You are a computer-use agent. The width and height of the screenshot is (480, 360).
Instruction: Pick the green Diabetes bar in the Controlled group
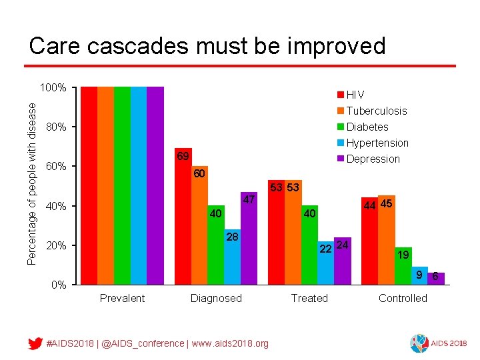(x=403, y=266)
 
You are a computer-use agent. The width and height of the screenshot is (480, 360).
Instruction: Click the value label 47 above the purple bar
(x=249, y=200)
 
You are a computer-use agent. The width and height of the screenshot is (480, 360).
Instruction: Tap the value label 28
(x=232, y=237)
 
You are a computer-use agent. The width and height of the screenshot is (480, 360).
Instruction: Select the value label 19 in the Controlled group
(x=403, y=255)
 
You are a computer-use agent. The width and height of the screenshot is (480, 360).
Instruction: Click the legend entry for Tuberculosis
(x=376, y=111)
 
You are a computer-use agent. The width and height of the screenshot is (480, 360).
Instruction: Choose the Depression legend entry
(x=373, y=159)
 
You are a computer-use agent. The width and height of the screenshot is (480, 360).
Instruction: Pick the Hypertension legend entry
(x=377, y=143)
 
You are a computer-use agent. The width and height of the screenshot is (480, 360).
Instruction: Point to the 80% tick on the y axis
(x=55, y=127)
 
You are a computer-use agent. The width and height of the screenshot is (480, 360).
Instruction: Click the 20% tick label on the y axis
(x=55, y=246)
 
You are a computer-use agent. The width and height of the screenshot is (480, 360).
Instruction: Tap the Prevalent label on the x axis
(x=122, y=298)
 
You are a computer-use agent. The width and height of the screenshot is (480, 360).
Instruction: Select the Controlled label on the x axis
(x=403, y=298)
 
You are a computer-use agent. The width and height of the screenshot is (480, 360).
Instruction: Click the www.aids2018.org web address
(x=231, y=343)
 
